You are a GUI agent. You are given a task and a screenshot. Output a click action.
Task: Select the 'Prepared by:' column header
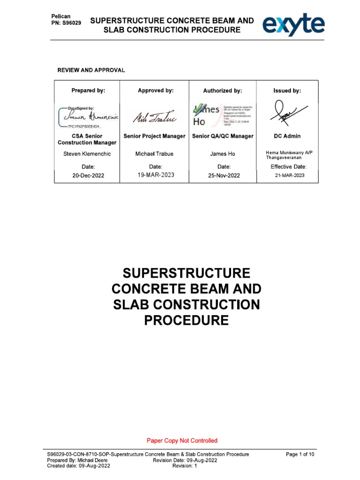point(88,90)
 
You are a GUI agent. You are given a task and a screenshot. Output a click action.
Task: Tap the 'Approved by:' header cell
point(156,90)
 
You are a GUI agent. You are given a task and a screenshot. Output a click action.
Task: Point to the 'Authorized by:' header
point(223,90)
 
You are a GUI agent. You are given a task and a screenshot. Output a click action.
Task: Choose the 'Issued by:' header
point(287,90)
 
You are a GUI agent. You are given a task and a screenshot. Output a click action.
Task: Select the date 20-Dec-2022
point(88,176)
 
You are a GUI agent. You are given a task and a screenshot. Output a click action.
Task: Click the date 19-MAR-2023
point(155,175)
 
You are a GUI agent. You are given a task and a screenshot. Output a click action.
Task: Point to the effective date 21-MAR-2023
point(289,175)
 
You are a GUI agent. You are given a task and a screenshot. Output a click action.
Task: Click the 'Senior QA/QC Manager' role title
point(223,136)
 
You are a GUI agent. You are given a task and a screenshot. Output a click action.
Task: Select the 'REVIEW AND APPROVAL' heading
point(91,70)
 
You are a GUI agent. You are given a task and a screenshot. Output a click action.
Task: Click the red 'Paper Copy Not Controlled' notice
point(182,440)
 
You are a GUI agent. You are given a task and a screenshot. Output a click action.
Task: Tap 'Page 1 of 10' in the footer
point(300,454)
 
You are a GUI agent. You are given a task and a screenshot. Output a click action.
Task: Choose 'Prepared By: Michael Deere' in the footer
point(74,460)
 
